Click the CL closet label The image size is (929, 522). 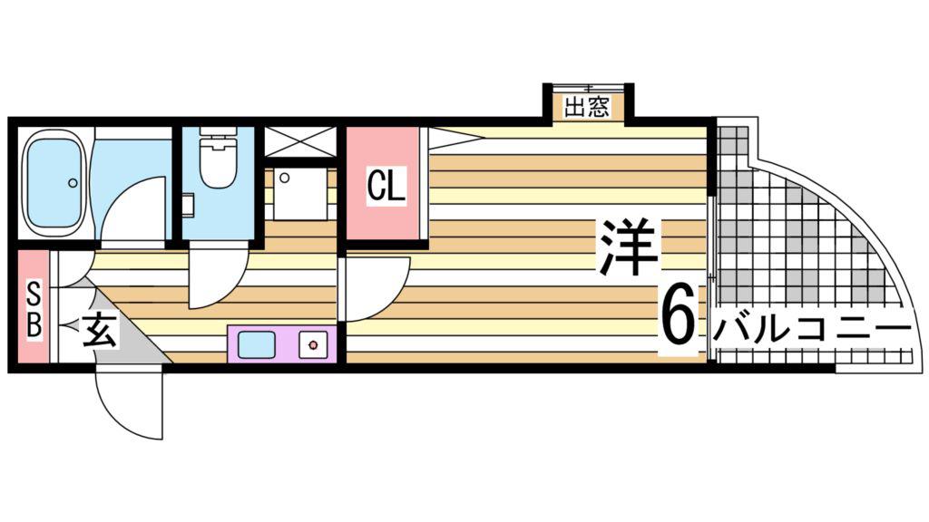pyautogui.click(x=386, y=186)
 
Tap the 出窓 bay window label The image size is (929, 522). pyautogui.click(x=587, y=108)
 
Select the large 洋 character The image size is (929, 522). pyautogui.click(x=628, y=246)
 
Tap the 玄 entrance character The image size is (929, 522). pyautogui.click(x=99, y=329)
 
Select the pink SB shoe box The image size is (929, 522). pyautogui.click(x=34, y=306)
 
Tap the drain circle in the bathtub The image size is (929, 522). pyautogui.click(x=73, y=183)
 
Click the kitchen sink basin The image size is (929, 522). pyautogui.click(x=257, y=344)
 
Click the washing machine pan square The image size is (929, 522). pyautogui.click(x=300, y=194)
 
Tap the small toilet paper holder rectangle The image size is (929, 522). pyautogui.click(x=189, y=204)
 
